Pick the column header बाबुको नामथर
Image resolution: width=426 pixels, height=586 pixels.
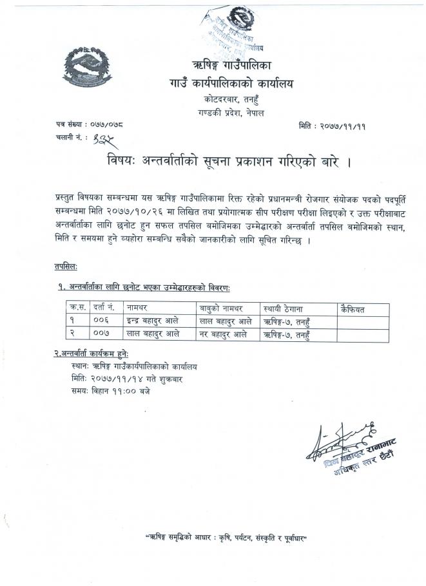pos(218,310)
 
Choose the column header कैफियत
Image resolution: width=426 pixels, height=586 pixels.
pos(353,310)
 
